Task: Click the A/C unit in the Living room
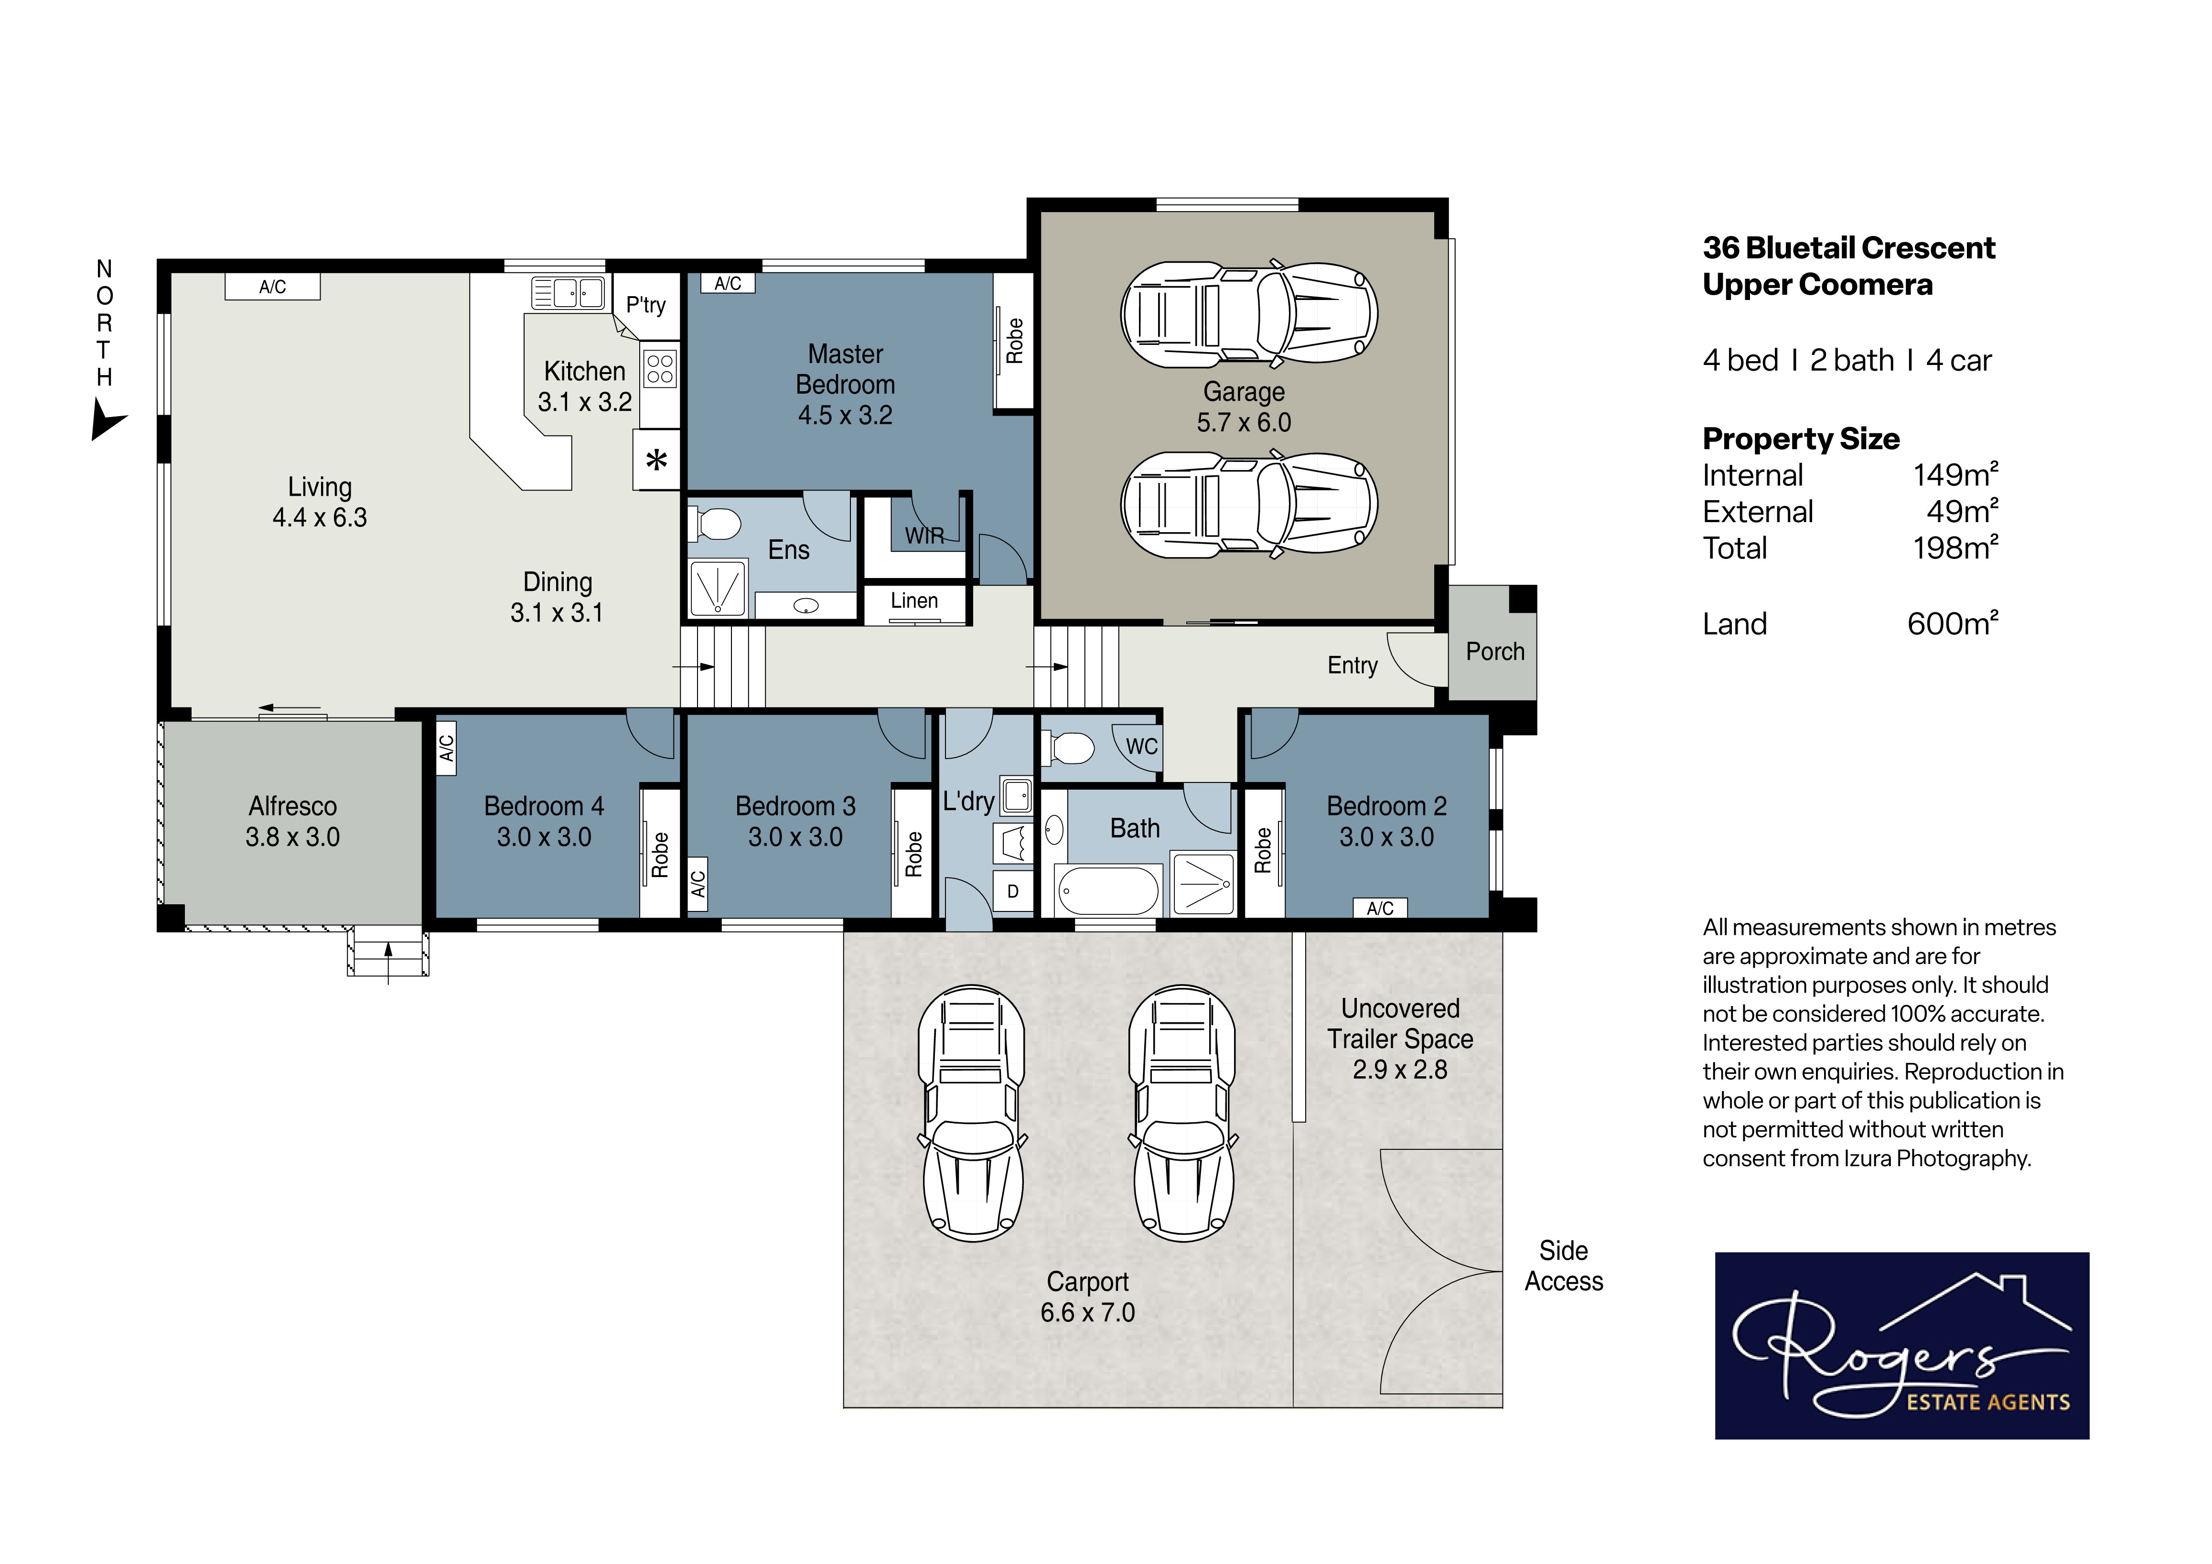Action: pos(273,286)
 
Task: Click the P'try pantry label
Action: pos(645,305)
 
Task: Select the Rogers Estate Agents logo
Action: pos(1902,1346)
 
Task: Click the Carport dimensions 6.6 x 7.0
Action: pos(1088,1313)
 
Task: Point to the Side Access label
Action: pos(1564,1266)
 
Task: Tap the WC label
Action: pos(1142,746)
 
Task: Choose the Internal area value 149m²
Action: pos(1956,475)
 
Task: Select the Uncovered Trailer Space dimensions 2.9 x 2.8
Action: pos(1400,1070)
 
